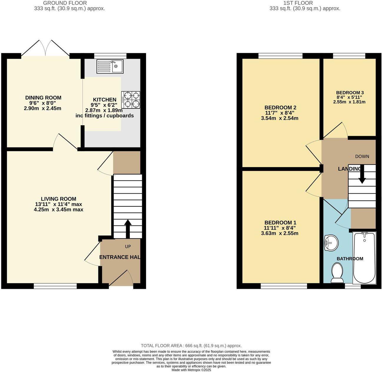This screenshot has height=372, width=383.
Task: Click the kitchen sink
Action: coord(110,66)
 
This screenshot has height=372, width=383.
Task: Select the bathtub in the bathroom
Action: coord(364,258)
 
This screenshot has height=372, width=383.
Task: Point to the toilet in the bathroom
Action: coord(337,272)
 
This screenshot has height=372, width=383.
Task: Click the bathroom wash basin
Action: coord(331,243)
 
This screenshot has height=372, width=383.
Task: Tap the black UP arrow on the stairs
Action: coord(128,229)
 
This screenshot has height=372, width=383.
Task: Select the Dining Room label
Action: coord(43,98)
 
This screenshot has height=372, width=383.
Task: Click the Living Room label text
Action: coord(59,199)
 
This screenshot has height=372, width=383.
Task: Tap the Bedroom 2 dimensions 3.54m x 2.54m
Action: coord(280,118)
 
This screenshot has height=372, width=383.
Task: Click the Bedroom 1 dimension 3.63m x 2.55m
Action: coord(280,233)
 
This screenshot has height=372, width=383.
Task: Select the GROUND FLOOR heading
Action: coord(65,3)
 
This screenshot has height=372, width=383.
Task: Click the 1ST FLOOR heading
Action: coord(298,3)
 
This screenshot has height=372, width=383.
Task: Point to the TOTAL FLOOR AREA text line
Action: coord(191,346)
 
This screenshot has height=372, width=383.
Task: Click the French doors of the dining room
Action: coord(45,49)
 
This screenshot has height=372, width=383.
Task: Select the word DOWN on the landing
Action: coord(362,157)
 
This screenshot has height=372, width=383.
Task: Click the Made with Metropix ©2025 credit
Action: coord(191,370)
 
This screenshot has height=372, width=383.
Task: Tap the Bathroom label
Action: coord(350,259)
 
